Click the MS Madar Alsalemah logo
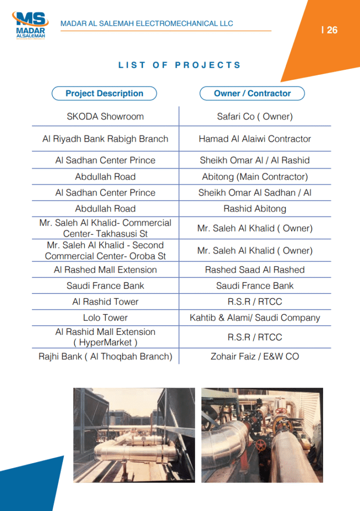[x=30, y=26]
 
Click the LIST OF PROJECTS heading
[x=180, y=65]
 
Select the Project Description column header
[x=104, y=93]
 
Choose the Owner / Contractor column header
[x=252, y=93]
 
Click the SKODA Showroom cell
[x=105, y=117]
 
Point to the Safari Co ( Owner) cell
[x=255, y=117]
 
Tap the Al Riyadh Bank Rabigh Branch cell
[x=105, y=139]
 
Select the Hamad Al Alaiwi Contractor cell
[x=255, y=139]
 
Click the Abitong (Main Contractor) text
[x=255, y=177]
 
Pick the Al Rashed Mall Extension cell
[x=105, y=270]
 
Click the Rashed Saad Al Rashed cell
[x=255, y=270]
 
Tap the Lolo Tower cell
[x=105, y=318]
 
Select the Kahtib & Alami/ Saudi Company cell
[x=255, y=318]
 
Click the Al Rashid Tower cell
[x=105, y=302]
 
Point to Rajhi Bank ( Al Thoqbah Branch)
[x=105, y=357]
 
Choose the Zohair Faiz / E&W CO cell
[x=255, y=357]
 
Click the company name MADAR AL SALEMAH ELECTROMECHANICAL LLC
[x=147, y=23]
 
